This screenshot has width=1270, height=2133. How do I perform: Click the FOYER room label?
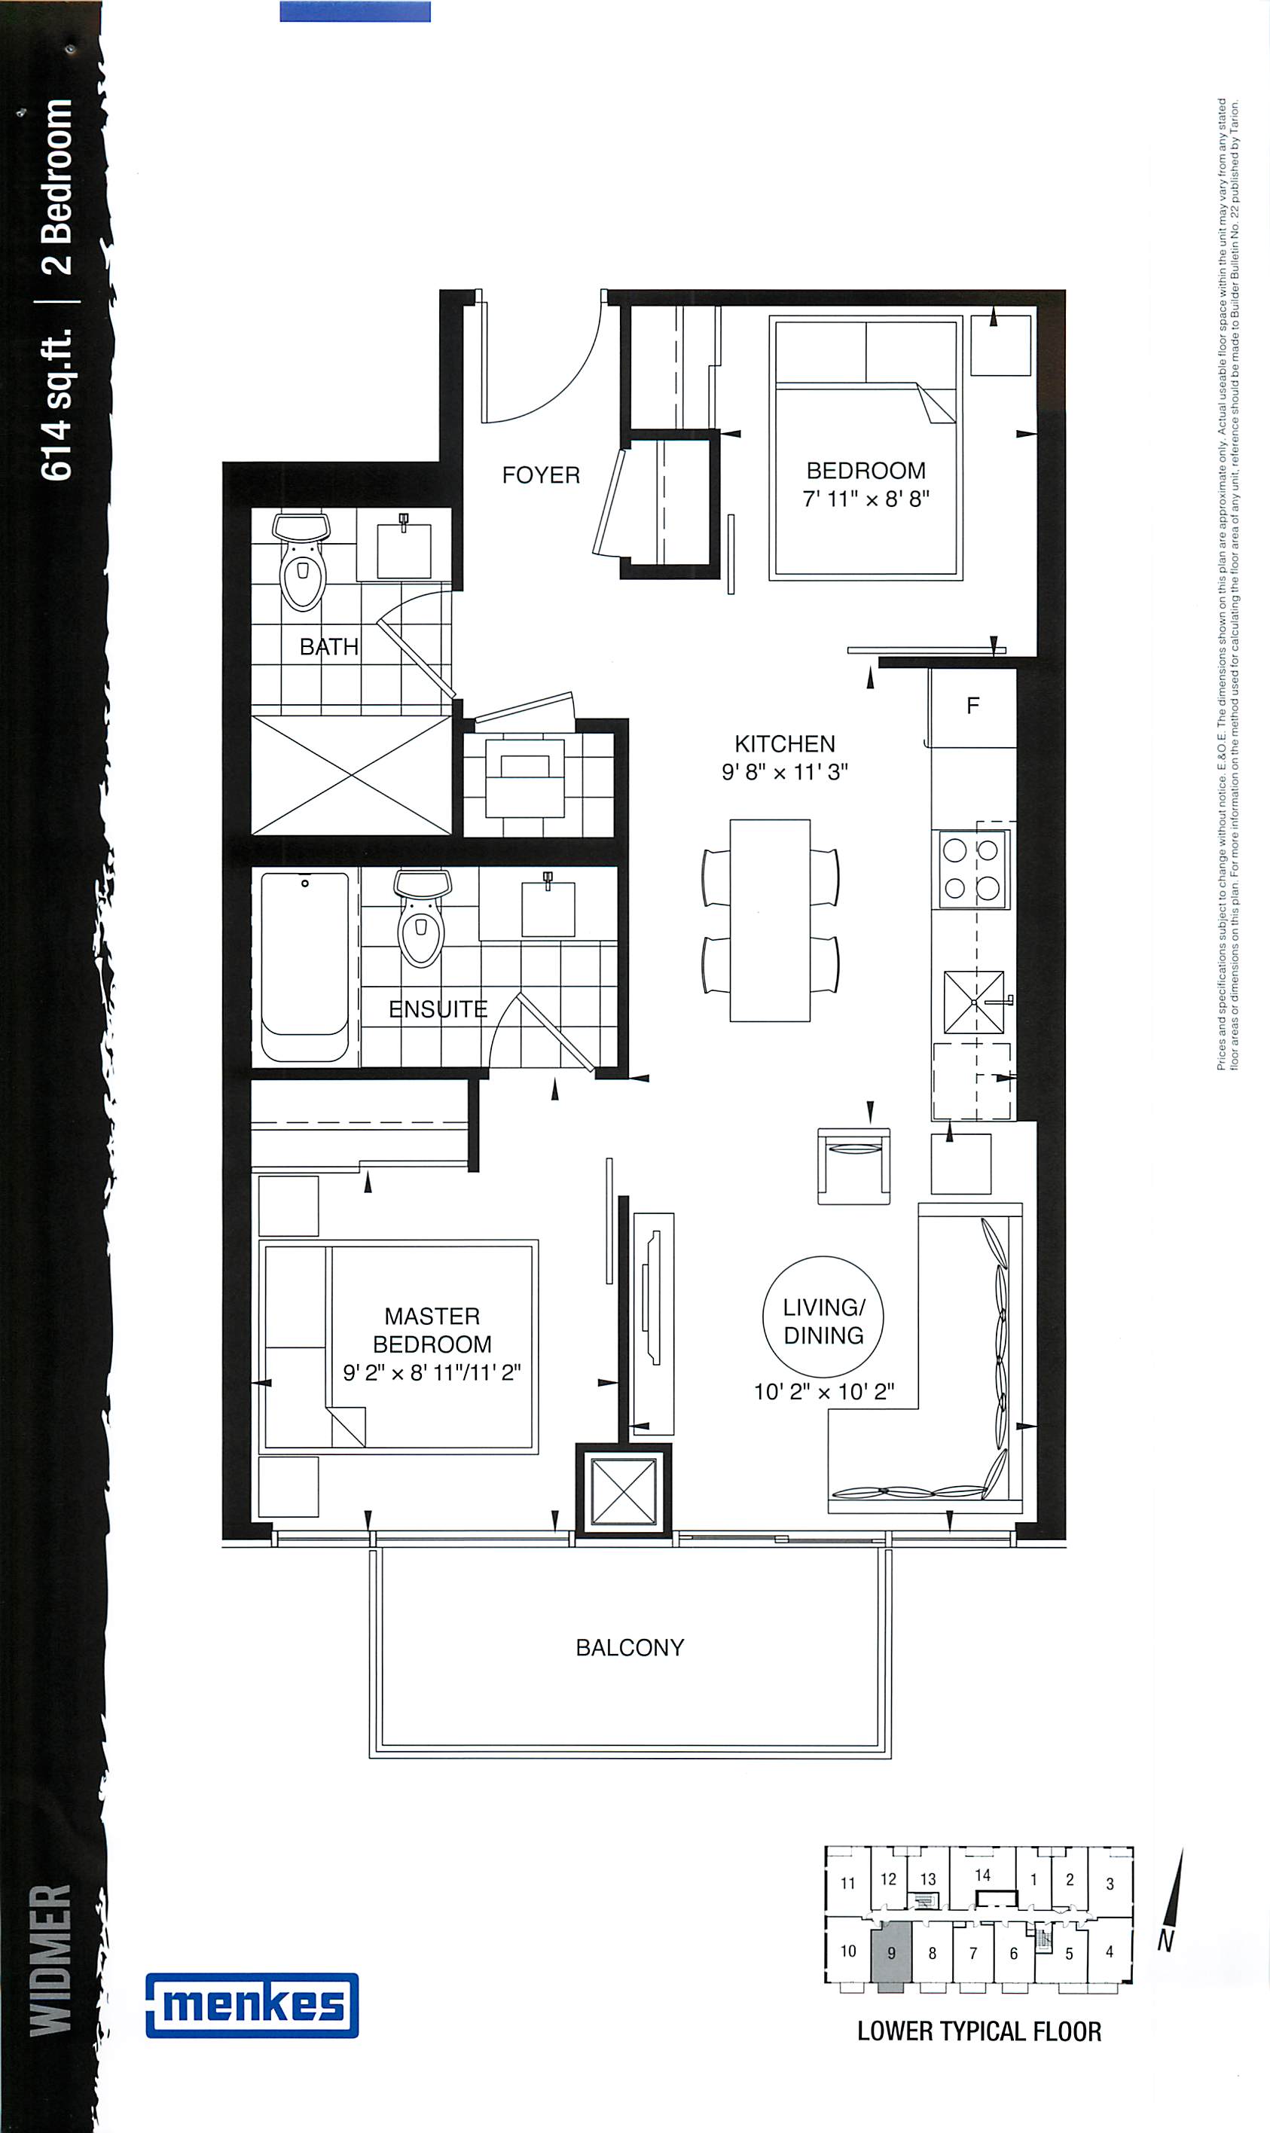(541, 475)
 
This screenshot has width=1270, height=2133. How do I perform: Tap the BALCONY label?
(630, 1648)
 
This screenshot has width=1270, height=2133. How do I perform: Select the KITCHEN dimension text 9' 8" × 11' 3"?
(785, 772)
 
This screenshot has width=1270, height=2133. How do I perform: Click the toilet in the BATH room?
(302, 560)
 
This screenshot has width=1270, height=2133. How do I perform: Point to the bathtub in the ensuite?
(304, 967)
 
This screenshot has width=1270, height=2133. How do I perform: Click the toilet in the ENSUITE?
(422, 917)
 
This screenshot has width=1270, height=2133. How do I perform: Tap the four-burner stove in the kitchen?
(971, 869)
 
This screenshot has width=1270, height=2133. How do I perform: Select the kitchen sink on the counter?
(975, 1002)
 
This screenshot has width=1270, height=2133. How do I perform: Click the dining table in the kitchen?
(769, 920)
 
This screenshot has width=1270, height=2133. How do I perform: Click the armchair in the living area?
(853, 1164)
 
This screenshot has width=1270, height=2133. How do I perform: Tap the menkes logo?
(252, 2005)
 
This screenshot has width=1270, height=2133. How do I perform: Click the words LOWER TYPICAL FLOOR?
(979, 2031)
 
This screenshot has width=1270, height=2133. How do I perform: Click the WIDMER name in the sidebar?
(50, 1959)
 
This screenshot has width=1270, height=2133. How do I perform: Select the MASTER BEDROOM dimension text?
(432, 1372)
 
